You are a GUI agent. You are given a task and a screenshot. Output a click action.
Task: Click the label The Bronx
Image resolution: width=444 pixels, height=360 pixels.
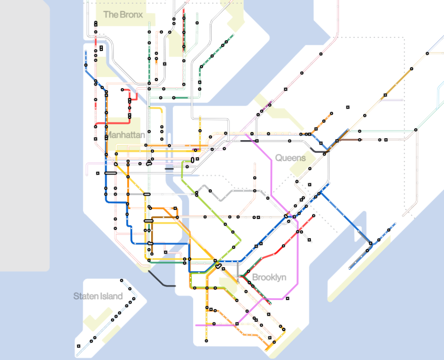coord(123,15)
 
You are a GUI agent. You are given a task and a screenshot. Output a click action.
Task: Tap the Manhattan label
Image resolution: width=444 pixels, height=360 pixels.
coord(125,135)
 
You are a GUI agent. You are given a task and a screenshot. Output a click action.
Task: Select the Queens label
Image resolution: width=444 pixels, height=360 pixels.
coord(290,158)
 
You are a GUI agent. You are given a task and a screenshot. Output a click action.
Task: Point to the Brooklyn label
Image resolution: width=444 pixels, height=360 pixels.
coord(269,277)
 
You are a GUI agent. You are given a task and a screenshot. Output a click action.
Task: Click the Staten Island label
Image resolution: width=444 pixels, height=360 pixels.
coord(98,296)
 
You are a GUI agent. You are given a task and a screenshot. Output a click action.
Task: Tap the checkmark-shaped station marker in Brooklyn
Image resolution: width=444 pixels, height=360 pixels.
coord(218,267)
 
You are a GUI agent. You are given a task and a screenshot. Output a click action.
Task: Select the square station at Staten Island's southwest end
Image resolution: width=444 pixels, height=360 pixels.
coord(78,346)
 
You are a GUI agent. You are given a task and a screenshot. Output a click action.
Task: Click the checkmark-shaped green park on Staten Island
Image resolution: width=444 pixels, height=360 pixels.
coord(97,321)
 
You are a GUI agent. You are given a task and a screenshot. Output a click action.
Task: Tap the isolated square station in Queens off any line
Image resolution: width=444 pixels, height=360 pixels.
coord(348,107)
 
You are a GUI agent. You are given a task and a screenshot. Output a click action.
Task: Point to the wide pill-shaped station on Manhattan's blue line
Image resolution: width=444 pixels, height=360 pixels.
coord(110,173)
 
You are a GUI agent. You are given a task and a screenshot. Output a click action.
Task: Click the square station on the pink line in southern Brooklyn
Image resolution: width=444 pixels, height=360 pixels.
coord(237,324)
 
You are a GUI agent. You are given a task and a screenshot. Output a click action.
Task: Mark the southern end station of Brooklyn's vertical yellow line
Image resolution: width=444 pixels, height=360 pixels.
coord(206,340)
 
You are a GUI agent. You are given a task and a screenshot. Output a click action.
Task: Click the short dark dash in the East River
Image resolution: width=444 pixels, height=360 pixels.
coord(169,168)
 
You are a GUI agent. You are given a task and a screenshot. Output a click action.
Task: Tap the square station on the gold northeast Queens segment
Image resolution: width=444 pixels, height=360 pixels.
coord(385,95)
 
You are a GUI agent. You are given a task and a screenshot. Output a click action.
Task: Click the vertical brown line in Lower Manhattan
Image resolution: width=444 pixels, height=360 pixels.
coord(152,231)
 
